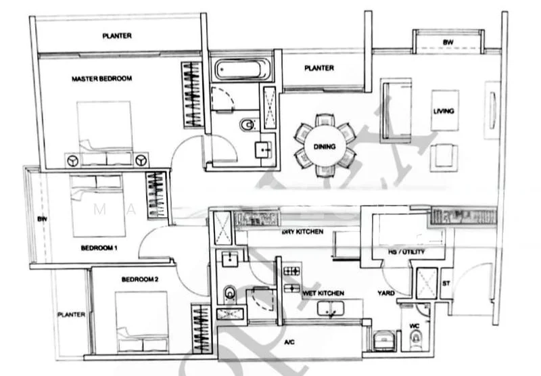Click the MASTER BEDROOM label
tap(101, 79)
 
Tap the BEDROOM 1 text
tap(99, 248)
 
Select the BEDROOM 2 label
tap(140, 279)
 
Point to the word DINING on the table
tap(325, 147)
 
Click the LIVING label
tap(443, 111)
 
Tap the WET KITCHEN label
tap(323, 293)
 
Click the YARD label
tap(386, 293)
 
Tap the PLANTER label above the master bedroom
tap(117, 36)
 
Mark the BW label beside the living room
tap(448, 42)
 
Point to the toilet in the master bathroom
tap(248, 124)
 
